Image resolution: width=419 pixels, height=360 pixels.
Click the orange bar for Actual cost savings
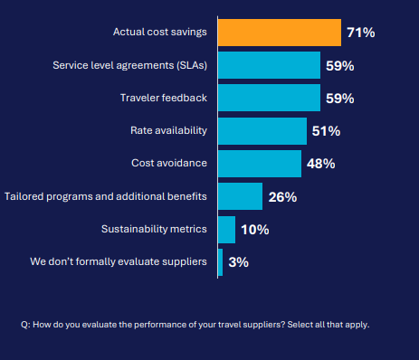tap(279, 32)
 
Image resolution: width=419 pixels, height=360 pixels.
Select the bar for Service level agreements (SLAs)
tap(270, 65)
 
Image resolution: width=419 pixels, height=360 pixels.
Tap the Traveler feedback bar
tap(270, 98)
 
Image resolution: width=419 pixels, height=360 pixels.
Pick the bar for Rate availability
tap(262, 130)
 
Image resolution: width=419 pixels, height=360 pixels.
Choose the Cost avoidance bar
tap(260, 164)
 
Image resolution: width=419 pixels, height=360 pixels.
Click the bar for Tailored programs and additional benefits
tap(240, 196)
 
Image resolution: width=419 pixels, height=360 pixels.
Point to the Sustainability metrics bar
tap(226, 229)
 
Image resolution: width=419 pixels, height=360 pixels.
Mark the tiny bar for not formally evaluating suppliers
tap(220, 262)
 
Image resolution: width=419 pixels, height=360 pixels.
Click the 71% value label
tap(360, 33)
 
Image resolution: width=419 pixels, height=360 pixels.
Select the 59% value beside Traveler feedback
tap(340, 99)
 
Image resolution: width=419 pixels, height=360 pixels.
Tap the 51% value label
tap(326, 131)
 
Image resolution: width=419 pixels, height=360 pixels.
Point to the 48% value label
tap(320, 164)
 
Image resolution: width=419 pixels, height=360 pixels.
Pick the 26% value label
tap(282, 196)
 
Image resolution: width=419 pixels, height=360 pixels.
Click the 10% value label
tap(254, 230)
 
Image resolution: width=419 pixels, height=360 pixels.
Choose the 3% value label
tap(238, 262)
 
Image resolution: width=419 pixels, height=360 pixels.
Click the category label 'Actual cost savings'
tap(160, 32)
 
